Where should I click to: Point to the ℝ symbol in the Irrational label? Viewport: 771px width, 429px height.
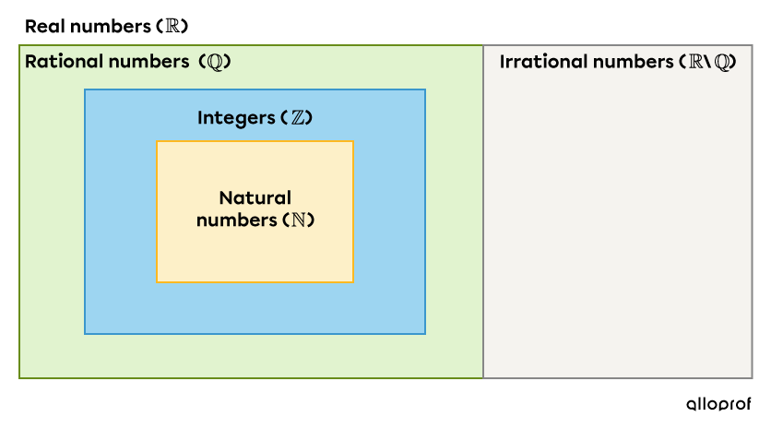[x=694, y=63]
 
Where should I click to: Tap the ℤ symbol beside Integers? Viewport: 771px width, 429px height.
[x=297, y=119]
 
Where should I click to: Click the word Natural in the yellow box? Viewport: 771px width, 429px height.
[x=255, y=198]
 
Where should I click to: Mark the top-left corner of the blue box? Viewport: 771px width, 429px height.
[x=85, y=89]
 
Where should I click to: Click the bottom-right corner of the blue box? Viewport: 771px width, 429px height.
[x=425, y=334]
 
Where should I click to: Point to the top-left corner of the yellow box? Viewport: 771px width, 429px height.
[x=157, y=141]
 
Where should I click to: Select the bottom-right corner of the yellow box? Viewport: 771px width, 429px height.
[x=353, y=282]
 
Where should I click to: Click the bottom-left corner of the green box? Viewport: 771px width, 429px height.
[x=19, y=377]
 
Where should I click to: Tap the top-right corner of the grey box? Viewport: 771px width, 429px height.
[x=752, y=45]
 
